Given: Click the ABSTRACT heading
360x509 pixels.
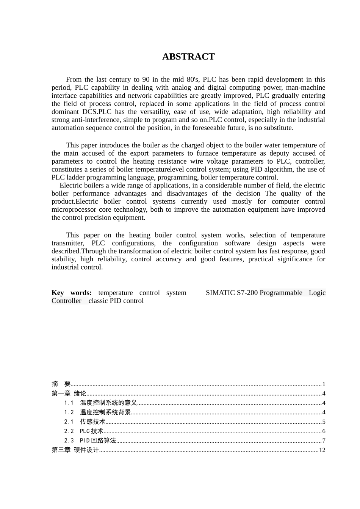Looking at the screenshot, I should tap(188, 57).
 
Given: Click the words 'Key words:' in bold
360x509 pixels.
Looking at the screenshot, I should tap(71, 293).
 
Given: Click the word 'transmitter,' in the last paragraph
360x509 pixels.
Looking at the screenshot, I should tap(67, 243).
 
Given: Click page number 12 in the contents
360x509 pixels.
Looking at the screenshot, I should tap(322, 450).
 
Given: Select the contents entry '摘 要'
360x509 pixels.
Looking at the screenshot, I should tap(61, 384).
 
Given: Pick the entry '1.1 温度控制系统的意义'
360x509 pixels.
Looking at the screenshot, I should tap(100, 403).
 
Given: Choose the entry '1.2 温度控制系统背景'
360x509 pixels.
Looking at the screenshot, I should tap(97, 412).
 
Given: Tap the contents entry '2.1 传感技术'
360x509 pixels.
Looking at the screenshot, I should tap(85, 422).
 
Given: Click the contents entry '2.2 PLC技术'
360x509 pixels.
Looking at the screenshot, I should tap(83, 431).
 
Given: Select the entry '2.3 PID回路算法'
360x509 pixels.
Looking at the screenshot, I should tap(90, 440).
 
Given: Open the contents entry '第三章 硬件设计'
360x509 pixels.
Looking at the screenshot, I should tap(75, 450).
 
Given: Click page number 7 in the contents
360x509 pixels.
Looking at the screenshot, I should tap(324, 440).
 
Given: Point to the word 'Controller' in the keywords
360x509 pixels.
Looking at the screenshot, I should tap(66, 301).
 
